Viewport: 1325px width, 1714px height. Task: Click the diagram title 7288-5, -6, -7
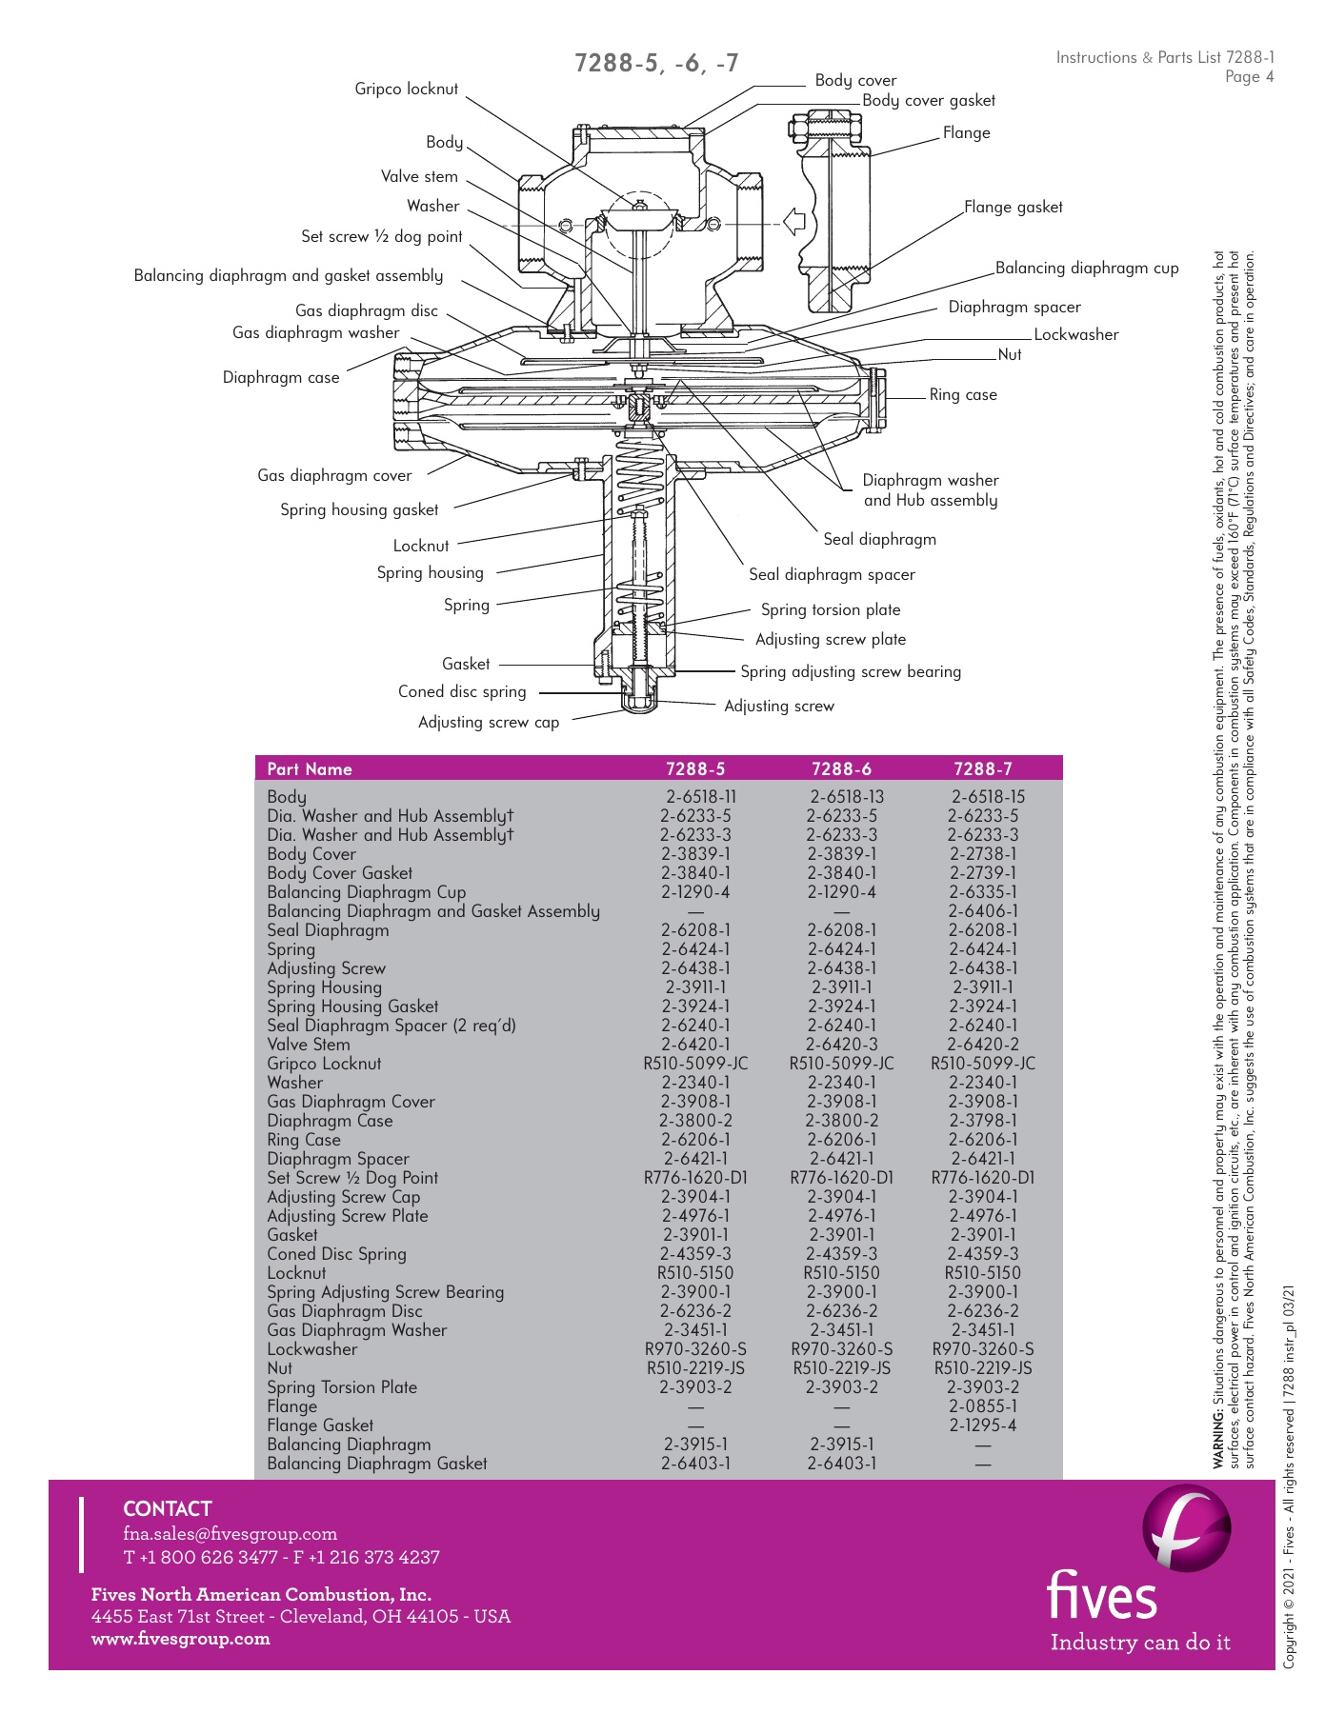click(656, 64)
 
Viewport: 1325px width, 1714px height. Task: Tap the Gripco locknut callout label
click(406, 89)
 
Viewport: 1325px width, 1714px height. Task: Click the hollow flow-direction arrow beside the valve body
click(793, 222)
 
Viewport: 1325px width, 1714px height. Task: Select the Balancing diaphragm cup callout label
click(1087, 268)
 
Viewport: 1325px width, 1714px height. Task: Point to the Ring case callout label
click(963, 394)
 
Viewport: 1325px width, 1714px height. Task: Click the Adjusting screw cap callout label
click(489, 722)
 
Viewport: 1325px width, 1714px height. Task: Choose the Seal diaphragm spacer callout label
click(832, 574)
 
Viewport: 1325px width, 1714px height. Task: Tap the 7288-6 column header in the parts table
click(841, 768)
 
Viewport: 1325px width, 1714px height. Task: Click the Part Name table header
click(310, 768)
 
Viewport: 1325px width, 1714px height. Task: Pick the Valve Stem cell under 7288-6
click(842, 1045)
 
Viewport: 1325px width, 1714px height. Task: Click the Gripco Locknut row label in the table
click(324, 1064)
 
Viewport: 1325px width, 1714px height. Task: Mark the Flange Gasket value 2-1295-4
click(983, 1425)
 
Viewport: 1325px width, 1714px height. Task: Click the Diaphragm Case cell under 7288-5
click(696, 1121)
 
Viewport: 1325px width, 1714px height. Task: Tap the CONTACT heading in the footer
click(168, 1508)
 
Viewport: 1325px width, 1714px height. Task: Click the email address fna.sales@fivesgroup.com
click(230, 1534)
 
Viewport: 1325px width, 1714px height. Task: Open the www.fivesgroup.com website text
click(181, 1639)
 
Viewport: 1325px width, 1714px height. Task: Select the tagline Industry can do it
click(1140, 1643)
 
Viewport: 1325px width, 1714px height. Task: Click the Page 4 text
click(1249, 77)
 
